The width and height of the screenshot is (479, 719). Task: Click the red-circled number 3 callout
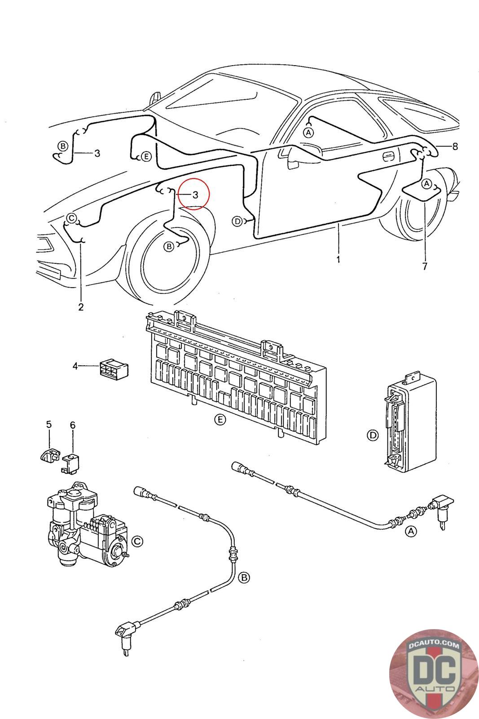coord(195,195)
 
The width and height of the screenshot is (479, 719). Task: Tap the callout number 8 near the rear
coord(455,146)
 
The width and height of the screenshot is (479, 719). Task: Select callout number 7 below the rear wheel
coord(425,266)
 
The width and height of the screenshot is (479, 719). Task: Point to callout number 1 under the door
coord(338,259)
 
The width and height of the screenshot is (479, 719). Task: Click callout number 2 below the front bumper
coord(81,307)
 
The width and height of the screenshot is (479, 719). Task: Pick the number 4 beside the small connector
coord(75,366)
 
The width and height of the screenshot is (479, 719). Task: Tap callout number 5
coord(49,424)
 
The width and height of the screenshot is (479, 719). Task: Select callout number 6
coord(73,425)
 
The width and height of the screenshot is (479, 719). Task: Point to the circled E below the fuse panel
coord(220,420)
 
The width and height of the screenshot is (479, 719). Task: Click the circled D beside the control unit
coord(373,435)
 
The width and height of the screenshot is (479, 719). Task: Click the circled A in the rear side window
coord(308,132)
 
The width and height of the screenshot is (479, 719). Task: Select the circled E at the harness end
coord(146,157)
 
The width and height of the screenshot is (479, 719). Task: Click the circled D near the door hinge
coord(237,221)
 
